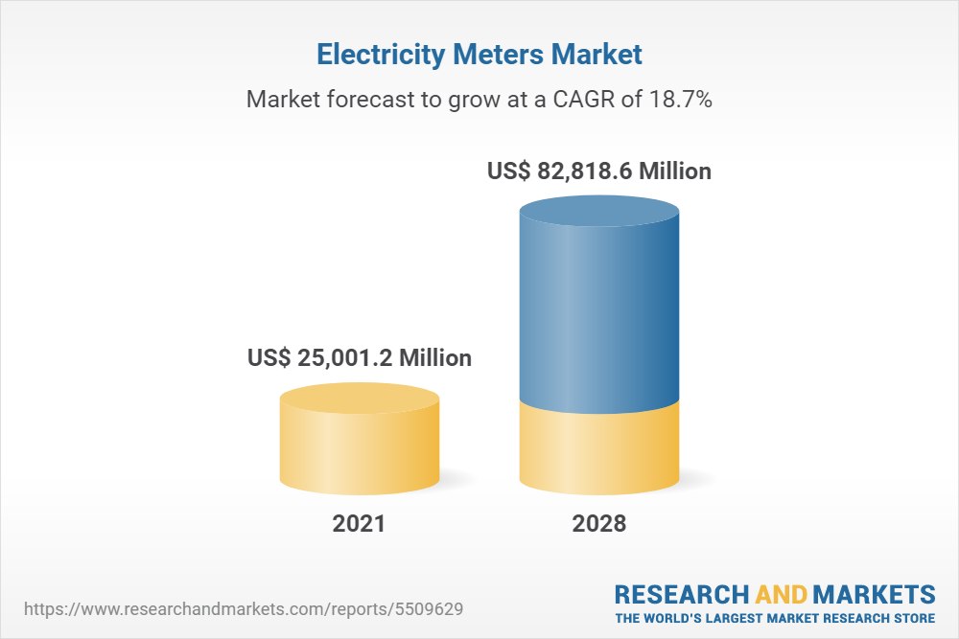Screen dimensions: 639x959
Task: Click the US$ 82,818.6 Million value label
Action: (599, 172)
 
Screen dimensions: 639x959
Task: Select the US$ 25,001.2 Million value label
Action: (360, 358)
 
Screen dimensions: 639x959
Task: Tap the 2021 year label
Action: (359, 524)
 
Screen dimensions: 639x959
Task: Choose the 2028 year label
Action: (599, 524)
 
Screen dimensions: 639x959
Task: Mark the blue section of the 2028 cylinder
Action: (599, 316)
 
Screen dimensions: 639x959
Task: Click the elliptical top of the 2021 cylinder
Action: (360, 399)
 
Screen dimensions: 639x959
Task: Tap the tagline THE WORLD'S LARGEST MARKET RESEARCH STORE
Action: (775, 618)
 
